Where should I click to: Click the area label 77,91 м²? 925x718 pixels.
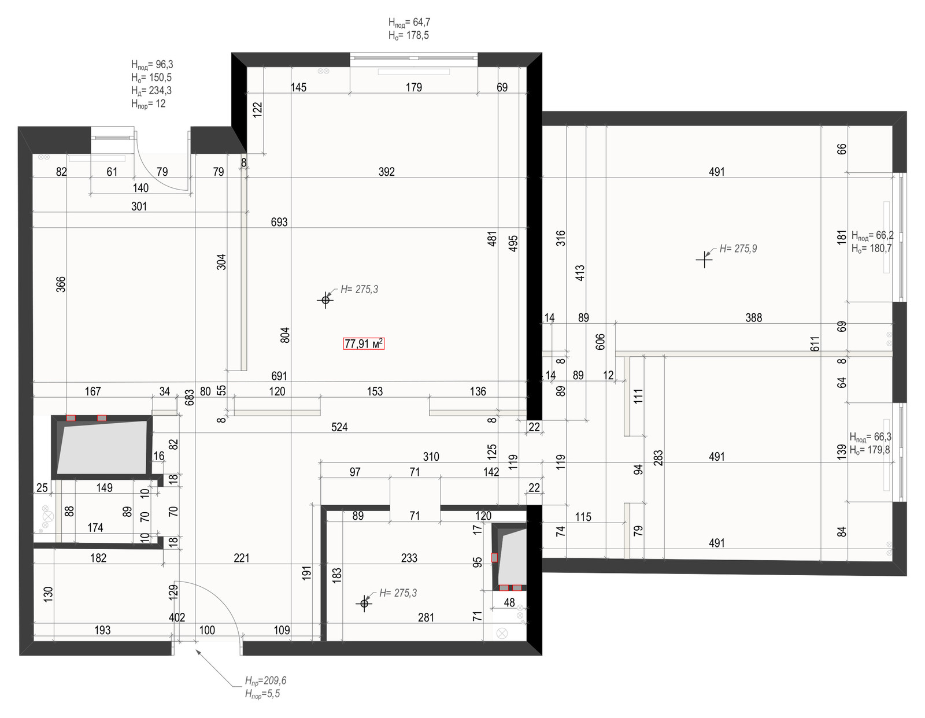[364, 343]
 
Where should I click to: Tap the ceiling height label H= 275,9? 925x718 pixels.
[738, 249]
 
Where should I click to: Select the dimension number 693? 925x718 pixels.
[279, 222]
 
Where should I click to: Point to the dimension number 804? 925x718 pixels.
[285, 335]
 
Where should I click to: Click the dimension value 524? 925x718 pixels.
[339, 427]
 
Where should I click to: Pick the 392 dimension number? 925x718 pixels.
[387, 172]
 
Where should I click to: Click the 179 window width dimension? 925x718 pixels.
[414, 87]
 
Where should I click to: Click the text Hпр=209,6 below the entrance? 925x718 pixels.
[265, 680]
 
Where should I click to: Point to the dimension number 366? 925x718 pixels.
[61, 284]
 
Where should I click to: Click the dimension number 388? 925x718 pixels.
[753, 317]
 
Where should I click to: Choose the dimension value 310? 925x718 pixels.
[431, 457]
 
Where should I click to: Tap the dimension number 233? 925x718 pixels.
[409, 558]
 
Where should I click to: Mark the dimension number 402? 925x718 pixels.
[177, 617]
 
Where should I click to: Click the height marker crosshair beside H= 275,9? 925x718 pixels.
[704, 259]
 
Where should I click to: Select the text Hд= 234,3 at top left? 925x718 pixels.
[151, 91]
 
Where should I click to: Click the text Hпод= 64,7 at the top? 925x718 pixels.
[409, 22]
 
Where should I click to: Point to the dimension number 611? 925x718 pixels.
[815, 344]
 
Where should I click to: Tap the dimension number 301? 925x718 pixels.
[139, 206]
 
